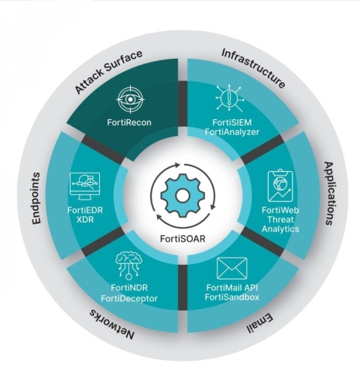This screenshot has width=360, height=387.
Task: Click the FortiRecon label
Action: point(129,122)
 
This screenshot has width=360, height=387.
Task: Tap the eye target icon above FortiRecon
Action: point(130,99)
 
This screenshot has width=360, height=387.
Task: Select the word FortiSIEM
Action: point(232,122)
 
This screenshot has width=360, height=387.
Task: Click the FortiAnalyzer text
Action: point(232,132)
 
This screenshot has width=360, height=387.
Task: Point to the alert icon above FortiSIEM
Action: point(228,98)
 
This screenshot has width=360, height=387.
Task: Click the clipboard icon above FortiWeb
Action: point(280,186)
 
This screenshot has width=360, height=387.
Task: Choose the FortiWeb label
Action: point(280,210)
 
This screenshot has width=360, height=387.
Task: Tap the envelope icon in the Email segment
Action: point(232,269)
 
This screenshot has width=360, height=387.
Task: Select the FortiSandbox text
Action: point(232,297)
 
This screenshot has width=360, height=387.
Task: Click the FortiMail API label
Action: point(232,287)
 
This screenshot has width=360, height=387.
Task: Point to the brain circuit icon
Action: point(129,265)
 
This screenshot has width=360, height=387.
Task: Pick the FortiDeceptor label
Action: point(129,299)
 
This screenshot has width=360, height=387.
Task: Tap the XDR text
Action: point(85,220)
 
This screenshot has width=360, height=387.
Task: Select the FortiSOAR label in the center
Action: point(183,238)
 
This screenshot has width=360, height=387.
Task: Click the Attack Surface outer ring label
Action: point(108,71)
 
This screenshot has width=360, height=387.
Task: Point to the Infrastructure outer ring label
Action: point(254,68)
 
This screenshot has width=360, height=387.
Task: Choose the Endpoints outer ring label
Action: point(36,198)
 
